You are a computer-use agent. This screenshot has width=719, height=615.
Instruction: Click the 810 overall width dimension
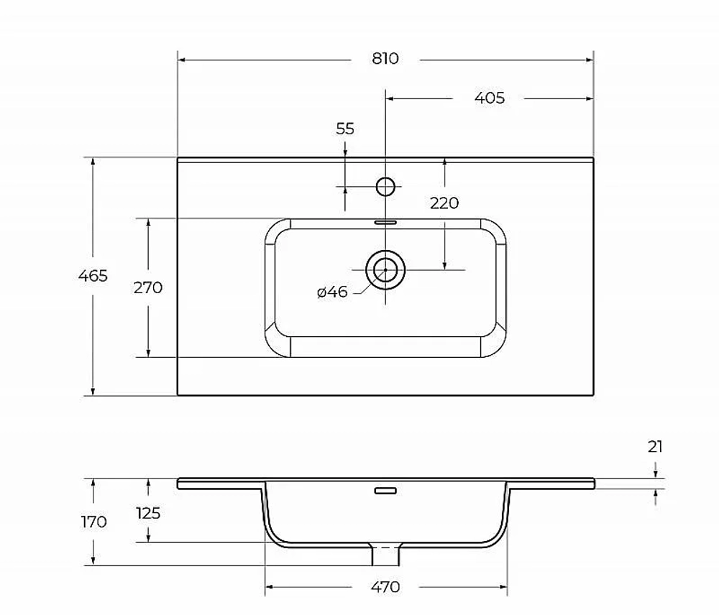(385, 59)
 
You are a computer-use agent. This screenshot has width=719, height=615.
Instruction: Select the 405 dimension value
(489, 98)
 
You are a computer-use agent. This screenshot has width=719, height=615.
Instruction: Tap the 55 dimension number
(345, 129)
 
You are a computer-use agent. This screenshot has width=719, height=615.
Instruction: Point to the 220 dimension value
(444, 203)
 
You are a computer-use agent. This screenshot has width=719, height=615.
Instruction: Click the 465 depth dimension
(93, 275)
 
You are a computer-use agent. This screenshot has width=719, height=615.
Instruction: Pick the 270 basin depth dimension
(147, 287)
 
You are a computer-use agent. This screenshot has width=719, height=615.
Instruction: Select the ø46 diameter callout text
(332, 292)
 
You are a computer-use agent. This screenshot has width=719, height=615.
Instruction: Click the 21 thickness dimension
(655, 446)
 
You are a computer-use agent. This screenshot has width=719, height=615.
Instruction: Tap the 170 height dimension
(93, 522)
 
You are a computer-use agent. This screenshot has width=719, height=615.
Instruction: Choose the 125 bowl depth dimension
(148, 513)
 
